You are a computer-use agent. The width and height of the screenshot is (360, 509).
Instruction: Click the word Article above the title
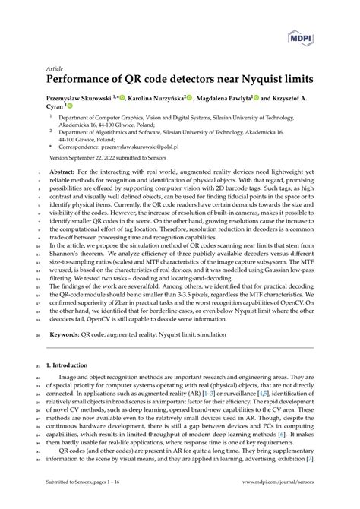click(x=55, y=67)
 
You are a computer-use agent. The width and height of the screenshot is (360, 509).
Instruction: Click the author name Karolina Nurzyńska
click(x=158, y=98)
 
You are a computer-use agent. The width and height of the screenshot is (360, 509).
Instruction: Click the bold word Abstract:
click(x=62, y=172)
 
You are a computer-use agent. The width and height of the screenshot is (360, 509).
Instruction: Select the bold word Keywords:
click(x=66, y=334)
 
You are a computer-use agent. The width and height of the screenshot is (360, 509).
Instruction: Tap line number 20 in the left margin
click(x=39, y=334)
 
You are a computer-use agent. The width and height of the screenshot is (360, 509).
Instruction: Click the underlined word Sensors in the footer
click(x=90, y=482)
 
